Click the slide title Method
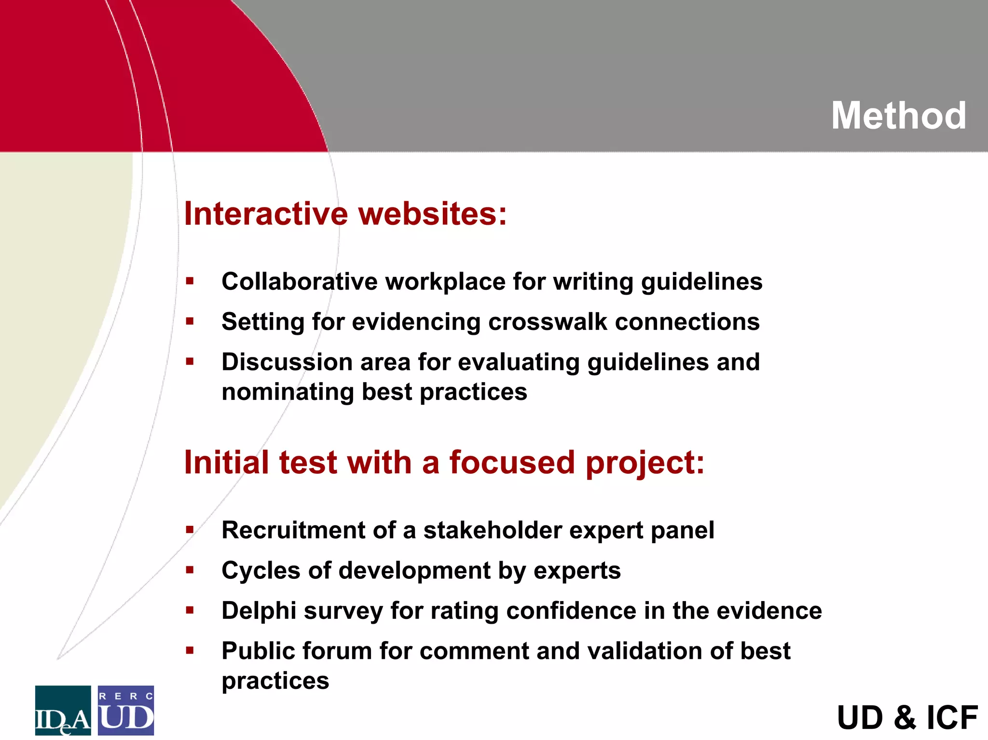click(898, 116)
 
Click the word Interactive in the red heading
click(266, 214)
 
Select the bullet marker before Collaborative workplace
click(190, 281)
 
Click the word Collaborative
click(299, 282)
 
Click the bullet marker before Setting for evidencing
click(190, 321)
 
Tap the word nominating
click(288, 392)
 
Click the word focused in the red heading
click(512, 463)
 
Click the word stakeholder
click(493, 530)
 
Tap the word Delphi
click(259, 611)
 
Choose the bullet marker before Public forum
click(190, 650)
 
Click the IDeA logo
click(63, 710)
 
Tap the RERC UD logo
click(126, 710)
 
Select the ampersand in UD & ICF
click(905, 718)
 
